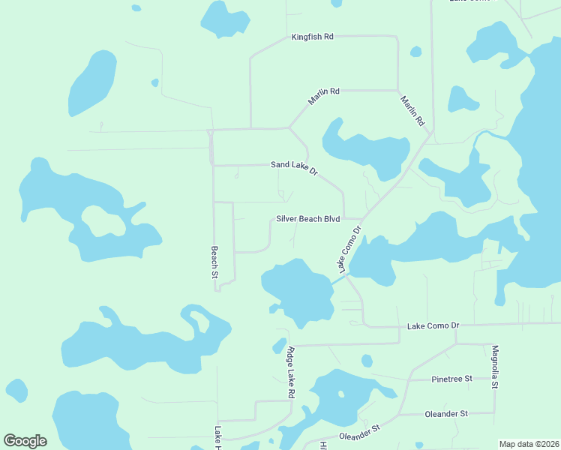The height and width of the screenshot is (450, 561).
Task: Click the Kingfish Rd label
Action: pyautogui.click(x=312, y=37)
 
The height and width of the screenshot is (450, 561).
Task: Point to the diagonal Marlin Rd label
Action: pyautogui.click(x=412, y=110)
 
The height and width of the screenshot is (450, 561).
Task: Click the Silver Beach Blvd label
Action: pyautogui.click(x=307, y=219)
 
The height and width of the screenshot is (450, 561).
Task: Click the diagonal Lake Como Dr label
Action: pyautogui.click(x=349, y=249)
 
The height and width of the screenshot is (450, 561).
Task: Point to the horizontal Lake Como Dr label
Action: pyautogui.click(x=432, y=326)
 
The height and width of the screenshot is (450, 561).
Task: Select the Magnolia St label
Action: pyautogui.click(x=495, y=367)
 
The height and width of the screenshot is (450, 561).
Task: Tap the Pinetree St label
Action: pyautogui.click(x=451, y=379)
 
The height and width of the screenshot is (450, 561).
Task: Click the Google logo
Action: pyautogui.click(x=25, y=441)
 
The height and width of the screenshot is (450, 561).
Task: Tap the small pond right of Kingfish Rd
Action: pyautogui.click(x=415, y=52)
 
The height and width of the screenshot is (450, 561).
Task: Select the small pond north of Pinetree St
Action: pyautogui.click(x=367, y=361)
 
